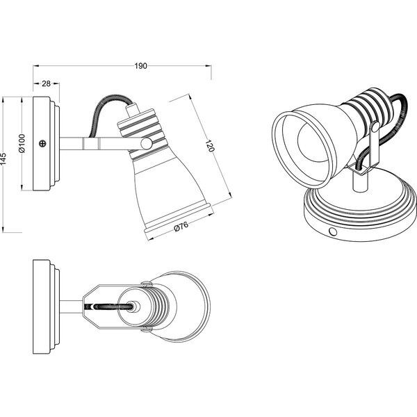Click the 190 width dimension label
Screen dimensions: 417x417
pyautogui.click(x=140, y=66)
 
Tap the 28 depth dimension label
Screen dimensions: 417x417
pyautogui.click(x=47, y=83)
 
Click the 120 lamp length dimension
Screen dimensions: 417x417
pyautogui.click(x=210, y=147)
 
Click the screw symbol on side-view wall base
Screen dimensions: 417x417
pyautogui.click(x=44, y=144)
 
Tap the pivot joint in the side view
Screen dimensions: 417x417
pyautogui.click(x=146, y=143)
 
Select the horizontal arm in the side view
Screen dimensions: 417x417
pyautogui.click(x=97, y=144)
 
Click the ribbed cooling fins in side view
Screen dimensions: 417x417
pyautogui.click(x=139, y=129)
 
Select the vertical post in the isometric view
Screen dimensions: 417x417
pyautogui.click(x=361, y=182)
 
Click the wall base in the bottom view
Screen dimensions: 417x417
pyautogui.click(x=46, y=306)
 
